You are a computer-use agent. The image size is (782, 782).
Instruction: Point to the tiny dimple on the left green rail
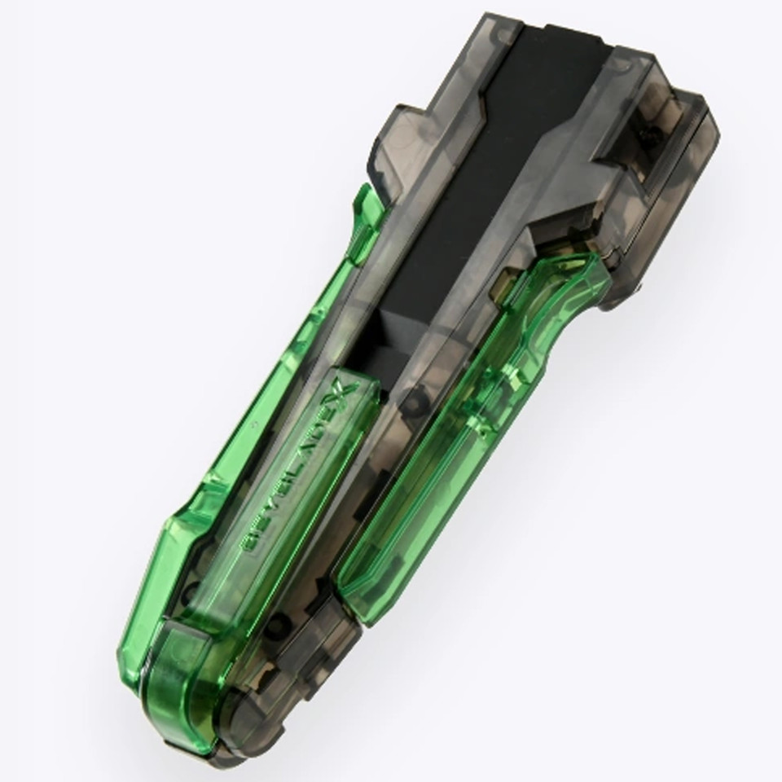(x=253, y=424)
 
